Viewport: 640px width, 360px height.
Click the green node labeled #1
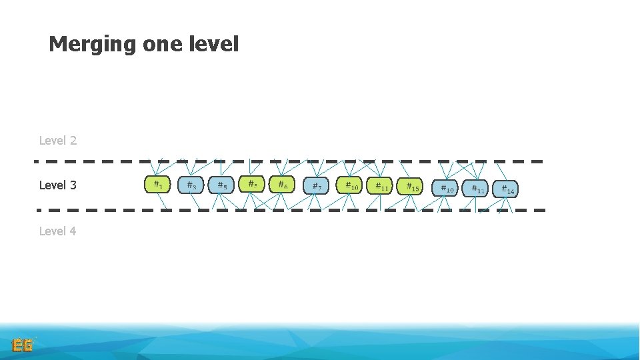click(157, 185)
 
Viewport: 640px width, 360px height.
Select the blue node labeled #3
click(191, 185)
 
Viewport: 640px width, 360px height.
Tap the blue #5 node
click(221, 185)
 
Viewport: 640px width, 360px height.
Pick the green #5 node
click(252, 184)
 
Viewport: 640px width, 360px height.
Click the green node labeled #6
click(283, 185)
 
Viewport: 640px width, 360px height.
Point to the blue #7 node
click(317, 186)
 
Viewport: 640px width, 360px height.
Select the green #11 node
click(380, 186)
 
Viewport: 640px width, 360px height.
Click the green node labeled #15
click(410, 186)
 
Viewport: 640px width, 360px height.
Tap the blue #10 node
click(445, 189)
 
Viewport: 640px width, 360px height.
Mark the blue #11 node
click(475, 189)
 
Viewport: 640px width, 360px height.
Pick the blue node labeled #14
click(506, 189)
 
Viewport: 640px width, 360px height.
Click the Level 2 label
click(58, 141)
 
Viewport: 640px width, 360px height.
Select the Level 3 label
click(58, 185)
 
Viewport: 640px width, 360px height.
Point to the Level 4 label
click(58, 231)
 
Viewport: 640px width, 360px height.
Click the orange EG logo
click(23, 345)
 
